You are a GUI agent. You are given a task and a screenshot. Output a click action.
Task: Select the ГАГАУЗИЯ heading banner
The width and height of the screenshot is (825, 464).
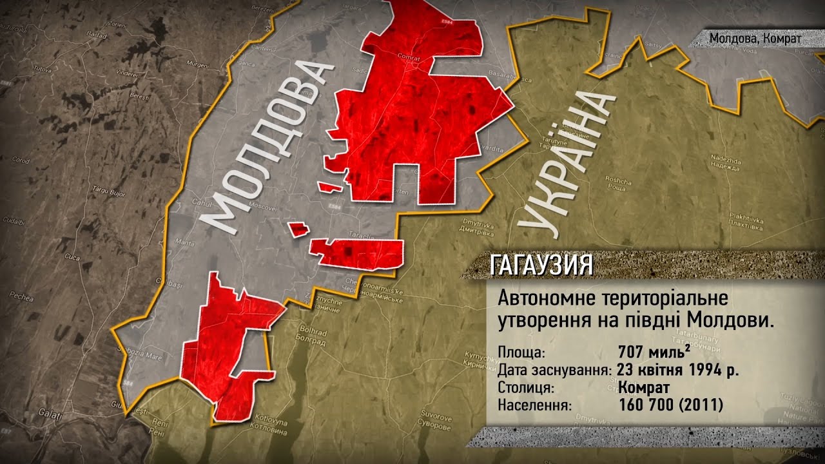coord(541,265)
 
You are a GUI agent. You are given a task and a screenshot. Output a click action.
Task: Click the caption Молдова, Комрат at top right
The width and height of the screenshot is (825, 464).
coord(755,38)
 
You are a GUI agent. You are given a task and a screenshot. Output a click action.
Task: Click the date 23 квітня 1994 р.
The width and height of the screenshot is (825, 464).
coord(677,371)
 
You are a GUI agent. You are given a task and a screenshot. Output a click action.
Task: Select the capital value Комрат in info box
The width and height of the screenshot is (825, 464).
coord(644,388)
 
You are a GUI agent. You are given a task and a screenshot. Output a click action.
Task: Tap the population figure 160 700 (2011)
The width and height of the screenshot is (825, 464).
coord(671,406)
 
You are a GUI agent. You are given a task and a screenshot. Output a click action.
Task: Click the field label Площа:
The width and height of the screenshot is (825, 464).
coord(521,353)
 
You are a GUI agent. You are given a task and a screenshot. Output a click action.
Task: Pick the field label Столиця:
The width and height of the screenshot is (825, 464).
coord(527,389)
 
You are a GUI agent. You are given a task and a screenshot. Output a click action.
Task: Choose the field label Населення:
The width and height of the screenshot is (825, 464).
coord(534,406)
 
